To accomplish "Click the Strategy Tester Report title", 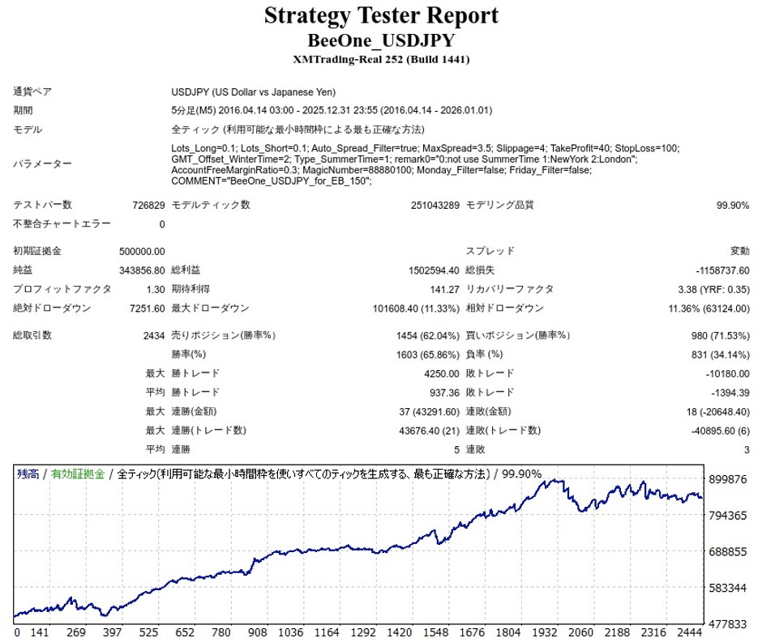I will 381,15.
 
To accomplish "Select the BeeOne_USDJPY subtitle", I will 381,40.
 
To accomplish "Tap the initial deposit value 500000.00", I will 143,251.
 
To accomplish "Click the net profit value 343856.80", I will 143,270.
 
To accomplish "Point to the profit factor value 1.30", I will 154,289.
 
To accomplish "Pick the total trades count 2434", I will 153,335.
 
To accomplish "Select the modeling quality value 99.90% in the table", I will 733,205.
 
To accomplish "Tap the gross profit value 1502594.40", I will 429,270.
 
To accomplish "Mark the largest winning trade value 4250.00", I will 440,373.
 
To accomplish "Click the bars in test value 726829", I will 148,205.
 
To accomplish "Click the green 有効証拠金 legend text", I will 78,474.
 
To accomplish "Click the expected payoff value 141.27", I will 443,289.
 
